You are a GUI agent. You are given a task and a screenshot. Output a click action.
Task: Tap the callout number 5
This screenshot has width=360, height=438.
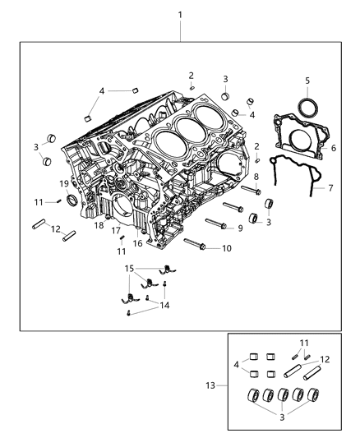click(x=307, y=81)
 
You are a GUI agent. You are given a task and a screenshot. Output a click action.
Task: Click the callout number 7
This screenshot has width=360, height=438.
click(x=330, y=188)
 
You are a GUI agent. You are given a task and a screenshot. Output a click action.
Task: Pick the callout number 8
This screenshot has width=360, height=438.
click(x=256, y=177)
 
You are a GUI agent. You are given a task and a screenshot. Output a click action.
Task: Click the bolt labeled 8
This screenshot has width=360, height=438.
click(x=251, y=191)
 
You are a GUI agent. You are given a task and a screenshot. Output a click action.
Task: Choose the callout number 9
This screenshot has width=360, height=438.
click(x=240, y=228)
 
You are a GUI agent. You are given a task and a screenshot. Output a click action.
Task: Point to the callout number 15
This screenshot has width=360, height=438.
click(x=129, y=269)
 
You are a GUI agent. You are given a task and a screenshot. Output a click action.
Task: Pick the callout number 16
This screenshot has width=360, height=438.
click(x=137, y=243)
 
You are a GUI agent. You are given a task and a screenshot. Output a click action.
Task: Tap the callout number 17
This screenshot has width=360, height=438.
click(x=116, y=231)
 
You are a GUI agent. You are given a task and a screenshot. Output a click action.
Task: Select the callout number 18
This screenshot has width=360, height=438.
click(x=98, y=224)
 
